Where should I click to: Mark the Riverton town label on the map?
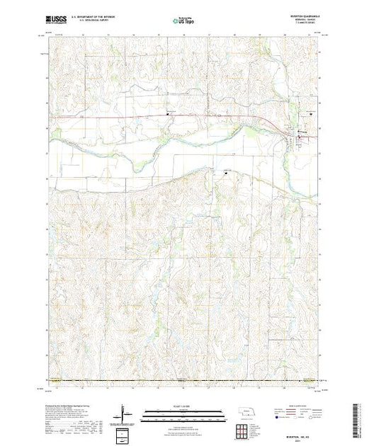(x=303, y=132)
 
